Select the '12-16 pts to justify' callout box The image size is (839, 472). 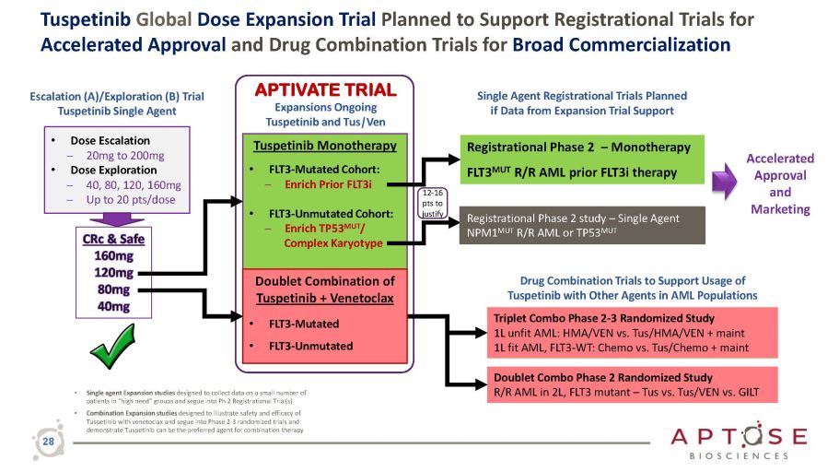(433, 203)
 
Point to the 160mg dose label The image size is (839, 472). (113, 256)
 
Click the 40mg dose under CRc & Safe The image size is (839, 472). (113, 306)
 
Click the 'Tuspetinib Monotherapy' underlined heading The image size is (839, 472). (324, 146)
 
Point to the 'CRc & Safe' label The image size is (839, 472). (113, 239)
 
